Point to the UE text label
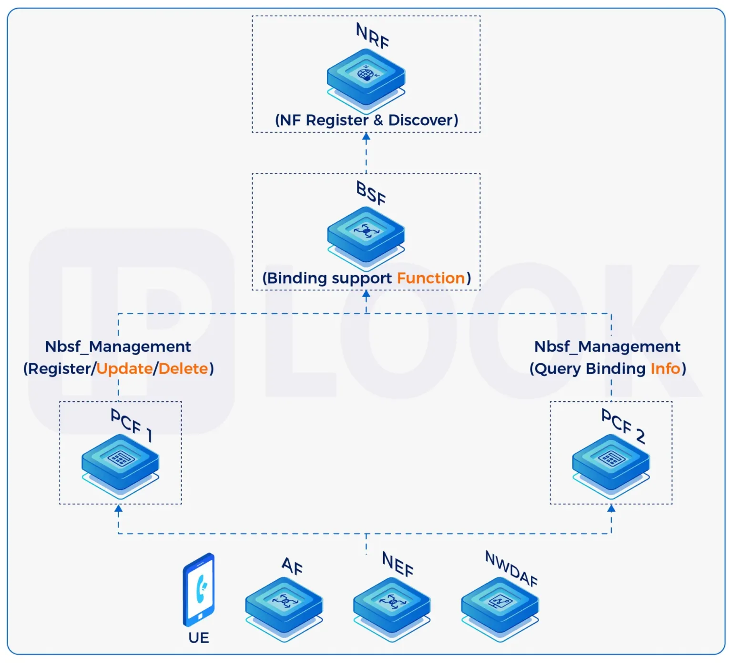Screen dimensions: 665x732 (199, 638)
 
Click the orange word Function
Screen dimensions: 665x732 (431, 278)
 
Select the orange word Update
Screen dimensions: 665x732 (124, 369)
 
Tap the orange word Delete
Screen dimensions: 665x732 (183, 369)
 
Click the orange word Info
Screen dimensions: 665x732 (665, 369)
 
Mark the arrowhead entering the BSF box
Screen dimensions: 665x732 (366, 295)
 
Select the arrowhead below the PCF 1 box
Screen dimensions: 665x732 (119, 509)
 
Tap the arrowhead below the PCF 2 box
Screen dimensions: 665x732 (611, 509)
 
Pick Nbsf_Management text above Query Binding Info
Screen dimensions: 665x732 (607, 347)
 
